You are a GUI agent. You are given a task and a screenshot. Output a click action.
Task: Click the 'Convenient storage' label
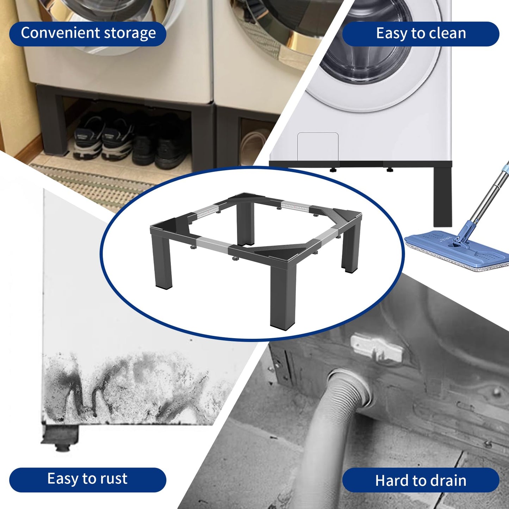click(88, 34)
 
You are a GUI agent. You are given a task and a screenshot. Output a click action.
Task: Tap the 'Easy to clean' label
click(421, 34)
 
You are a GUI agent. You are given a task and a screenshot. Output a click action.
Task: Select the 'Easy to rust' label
click(87, 479)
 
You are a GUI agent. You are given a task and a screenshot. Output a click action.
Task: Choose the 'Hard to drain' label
click(421, 480)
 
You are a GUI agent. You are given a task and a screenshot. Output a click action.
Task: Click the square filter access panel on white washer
click(318, 146)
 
